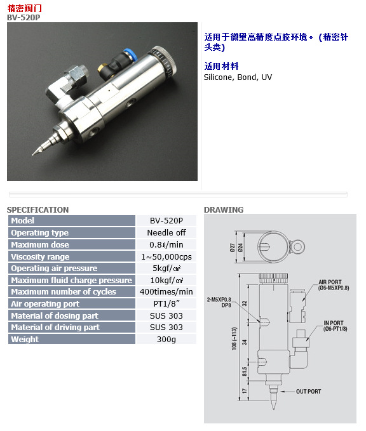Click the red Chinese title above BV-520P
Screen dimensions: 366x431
[24, 8]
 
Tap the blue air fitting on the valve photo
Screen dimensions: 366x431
[128, 53]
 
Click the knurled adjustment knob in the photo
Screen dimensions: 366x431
[163, 61]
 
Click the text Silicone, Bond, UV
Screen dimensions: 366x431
[238, 77]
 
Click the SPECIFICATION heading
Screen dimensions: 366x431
[37, 209]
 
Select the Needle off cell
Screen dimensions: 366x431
[166, 232]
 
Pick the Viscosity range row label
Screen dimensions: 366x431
[40, 256]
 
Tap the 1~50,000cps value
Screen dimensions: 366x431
[166, 256]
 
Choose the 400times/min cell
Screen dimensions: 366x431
[166, 291]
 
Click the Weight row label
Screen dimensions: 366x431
[25, 339]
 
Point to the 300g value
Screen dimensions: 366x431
[166, 339]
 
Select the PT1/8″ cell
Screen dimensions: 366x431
[166, 304]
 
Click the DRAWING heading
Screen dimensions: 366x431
[224, 209]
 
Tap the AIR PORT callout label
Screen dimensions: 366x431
[334, 285]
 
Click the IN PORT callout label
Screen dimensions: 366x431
[335, 326]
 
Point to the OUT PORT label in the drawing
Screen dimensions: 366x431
[308, 392]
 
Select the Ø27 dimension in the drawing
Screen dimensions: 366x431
[233, 248]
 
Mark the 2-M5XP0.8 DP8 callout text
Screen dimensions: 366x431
[219, 302]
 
